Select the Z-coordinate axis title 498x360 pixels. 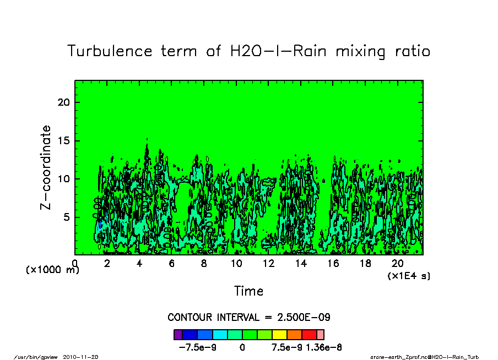46,167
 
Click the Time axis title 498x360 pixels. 248,291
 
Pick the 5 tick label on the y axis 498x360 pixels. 67,217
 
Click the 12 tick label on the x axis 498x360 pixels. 268,263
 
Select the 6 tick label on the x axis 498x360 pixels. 172,263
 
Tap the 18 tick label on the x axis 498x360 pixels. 365,263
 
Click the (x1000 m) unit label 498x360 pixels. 49,270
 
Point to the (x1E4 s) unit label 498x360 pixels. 409,275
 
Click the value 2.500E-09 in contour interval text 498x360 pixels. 305,318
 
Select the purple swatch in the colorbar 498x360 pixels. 177,334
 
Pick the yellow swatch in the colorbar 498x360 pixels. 280,334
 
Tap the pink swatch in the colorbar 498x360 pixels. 321,334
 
